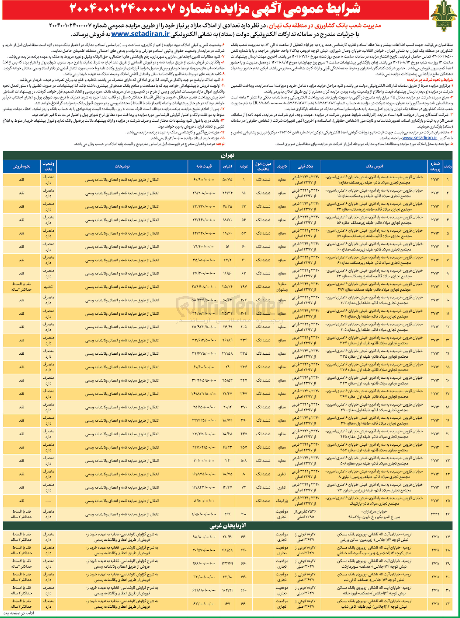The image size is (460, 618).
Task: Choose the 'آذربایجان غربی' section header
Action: pyautogui.click(x=227, y=526)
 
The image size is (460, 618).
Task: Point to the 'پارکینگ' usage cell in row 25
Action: pyautogui.click(x=282, y=501)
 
